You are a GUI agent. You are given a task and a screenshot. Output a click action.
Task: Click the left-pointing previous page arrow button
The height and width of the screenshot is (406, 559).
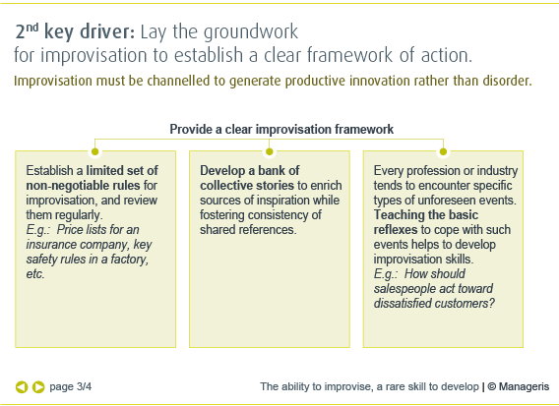pos(22,386)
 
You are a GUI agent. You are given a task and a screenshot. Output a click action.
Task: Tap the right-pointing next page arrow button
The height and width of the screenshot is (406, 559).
pos(38,386)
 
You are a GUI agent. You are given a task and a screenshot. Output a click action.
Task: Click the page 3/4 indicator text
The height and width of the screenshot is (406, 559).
pos(70,386)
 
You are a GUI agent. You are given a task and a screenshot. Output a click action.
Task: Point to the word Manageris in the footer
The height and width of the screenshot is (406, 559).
pos(524,386)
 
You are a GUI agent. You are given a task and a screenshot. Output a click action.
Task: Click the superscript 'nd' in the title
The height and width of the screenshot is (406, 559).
pos(32,28)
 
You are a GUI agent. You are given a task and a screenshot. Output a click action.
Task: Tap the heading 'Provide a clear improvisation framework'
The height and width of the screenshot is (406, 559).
pos(281,129)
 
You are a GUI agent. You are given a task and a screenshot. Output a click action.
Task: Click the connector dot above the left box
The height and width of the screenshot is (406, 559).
pos(94,151)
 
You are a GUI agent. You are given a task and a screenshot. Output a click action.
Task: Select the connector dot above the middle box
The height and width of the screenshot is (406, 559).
pos(269,151)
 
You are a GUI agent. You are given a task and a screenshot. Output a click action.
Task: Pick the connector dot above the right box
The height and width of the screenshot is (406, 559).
pos(443,151)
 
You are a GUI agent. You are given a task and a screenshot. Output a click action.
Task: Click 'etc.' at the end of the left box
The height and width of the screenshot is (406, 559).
pos(35,274)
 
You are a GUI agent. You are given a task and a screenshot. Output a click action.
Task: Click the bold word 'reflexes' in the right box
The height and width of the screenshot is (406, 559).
pos(396,230)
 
